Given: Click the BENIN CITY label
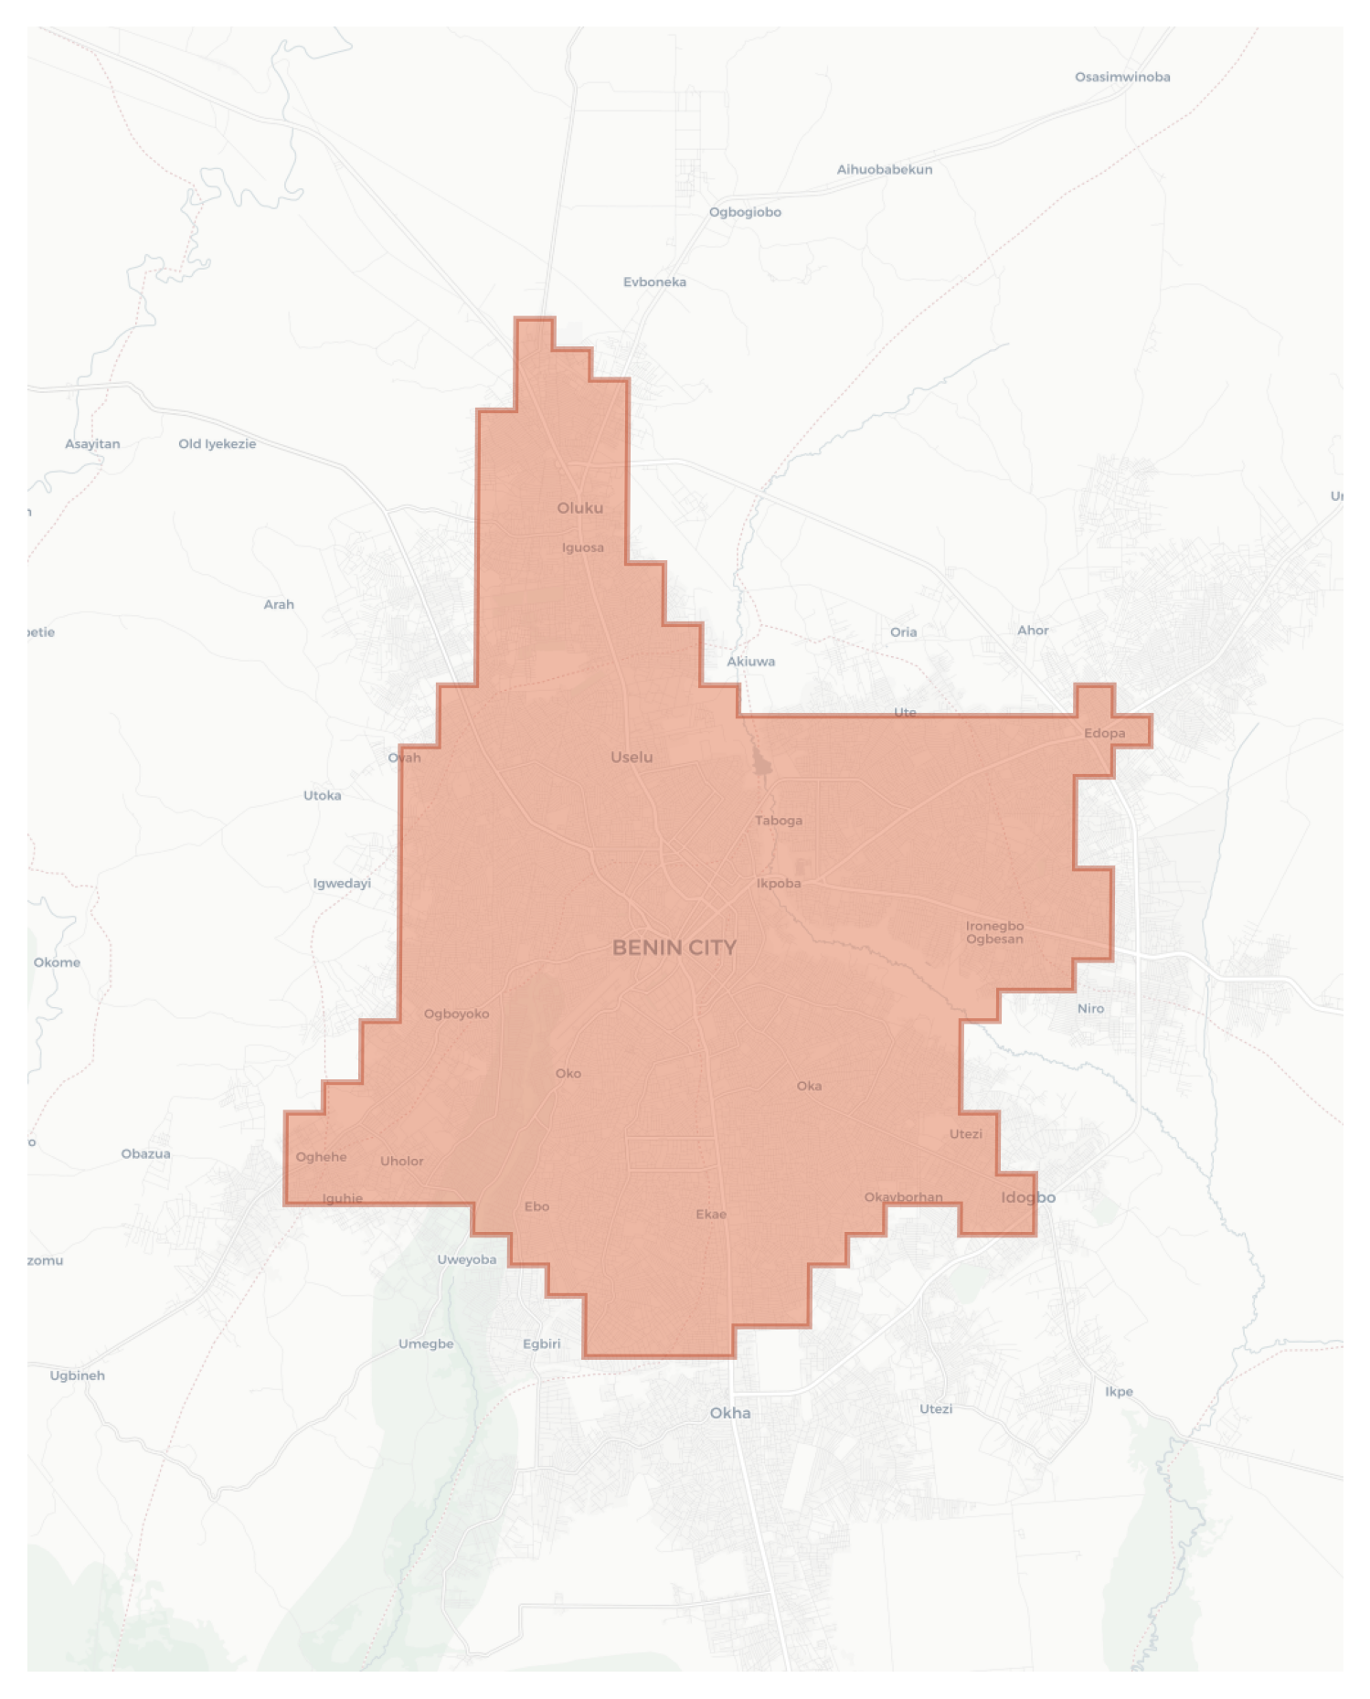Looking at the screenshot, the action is click(674, 948).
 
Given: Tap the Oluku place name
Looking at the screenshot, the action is click(580, 508).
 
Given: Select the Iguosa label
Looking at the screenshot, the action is click(583, 548).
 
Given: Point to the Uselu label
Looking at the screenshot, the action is click(632, 757).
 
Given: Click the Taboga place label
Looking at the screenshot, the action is click(779, 821).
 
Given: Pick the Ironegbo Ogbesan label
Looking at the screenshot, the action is click(994, 932).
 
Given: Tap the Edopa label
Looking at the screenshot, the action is click(1104, 733).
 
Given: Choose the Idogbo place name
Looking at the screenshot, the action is click(1028, 1197).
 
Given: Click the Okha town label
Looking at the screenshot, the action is click(730, 1413).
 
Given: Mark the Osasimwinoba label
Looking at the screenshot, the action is click(1122, 78).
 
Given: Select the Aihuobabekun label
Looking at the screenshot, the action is click(885, 170).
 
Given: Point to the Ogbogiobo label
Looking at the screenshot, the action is click(745, 212).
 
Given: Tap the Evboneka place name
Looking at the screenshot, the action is click(654, 282).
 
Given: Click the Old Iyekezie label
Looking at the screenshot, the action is click(218, 444).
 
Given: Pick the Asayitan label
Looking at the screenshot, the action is click(92, 444).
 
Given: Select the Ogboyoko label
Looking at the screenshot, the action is click(456, 1014).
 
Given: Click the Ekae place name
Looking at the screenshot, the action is click(711, 1215).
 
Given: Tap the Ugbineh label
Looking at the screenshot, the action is click(78, 1375).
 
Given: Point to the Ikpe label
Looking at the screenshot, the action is click(1119, 1392).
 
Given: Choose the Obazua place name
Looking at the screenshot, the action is click(146, 1154).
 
